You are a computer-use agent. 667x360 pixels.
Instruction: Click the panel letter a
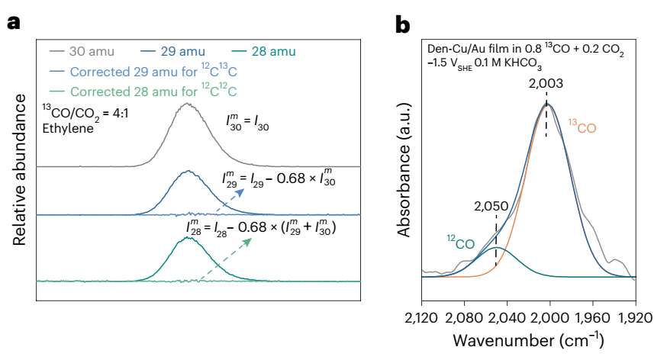point(13,23)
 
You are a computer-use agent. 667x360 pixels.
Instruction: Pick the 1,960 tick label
point(592,315)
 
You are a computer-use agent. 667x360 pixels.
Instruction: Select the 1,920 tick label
point(635,315)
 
